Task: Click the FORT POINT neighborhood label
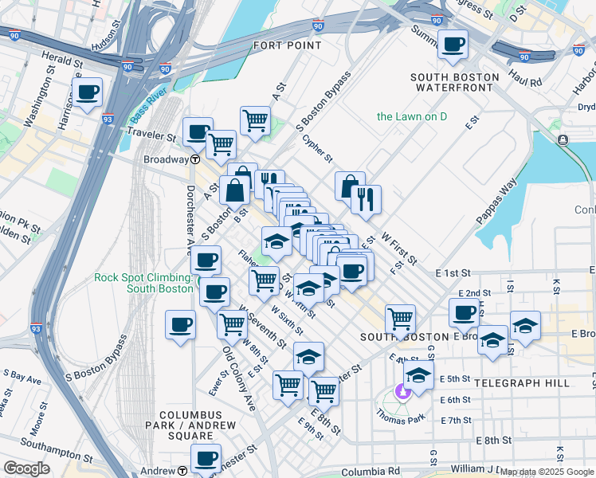(288, 45)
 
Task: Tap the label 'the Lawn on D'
(412, 116)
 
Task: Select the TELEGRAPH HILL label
(521, 383)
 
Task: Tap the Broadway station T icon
(194, 159)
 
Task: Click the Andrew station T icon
(184, 471)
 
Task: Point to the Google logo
(26, 468)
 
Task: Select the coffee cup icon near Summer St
(453, 45)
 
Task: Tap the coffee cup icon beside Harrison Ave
(87, 93)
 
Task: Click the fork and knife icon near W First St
(366, 199)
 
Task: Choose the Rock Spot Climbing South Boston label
(143, 283)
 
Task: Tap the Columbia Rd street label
(369, 472)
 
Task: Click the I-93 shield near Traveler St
(108, 119)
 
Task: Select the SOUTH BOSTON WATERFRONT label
(455, 82)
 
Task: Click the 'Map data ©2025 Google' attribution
(547, 472)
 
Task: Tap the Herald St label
(64, 61)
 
